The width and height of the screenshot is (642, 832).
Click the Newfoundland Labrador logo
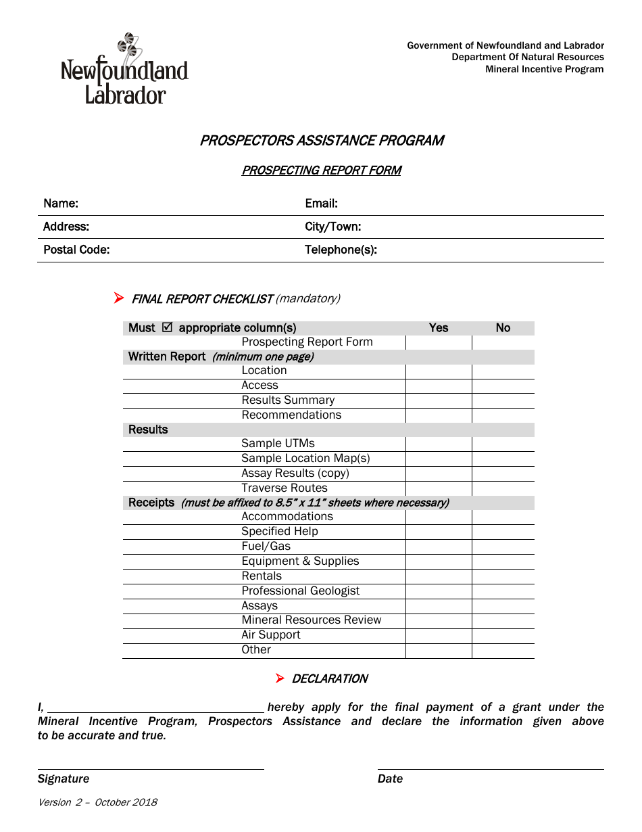click(124, 70)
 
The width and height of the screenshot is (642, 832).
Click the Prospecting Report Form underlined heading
click(321, 170)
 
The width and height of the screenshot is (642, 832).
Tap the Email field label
click(321, 204)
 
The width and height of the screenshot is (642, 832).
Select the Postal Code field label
click(76, 250)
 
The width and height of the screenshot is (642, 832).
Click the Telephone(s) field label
click(341, 250)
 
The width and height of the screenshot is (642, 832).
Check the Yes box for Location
click(439, 371)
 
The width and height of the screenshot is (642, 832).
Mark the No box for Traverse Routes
click(503, 488)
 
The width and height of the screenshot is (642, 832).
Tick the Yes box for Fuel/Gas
click(439, 547)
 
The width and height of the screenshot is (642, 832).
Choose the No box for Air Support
click(503, 635)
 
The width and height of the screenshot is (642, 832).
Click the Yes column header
click(439, 328)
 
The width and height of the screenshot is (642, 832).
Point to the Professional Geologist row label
click(300, 591)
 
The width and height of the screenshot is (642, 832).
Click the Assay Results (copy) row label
click(295, 473)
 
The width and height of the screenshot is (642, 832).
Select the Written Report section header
click(167, 356)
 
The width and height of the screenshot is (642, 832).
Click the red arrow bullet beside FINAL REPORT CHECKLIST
click(119, 298)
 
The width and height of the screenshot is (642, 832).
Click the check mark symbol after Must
click(168, 327)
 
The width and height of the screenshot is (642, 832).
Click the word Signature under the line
click(64, 779)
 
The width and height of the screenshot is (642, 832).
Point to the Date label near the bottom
click(390, 779)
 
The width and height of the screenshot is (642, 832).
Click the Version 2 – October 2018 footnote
click(97, 802)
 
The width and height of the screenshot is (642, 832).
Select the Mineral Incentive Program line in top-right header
click(544, 69)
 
